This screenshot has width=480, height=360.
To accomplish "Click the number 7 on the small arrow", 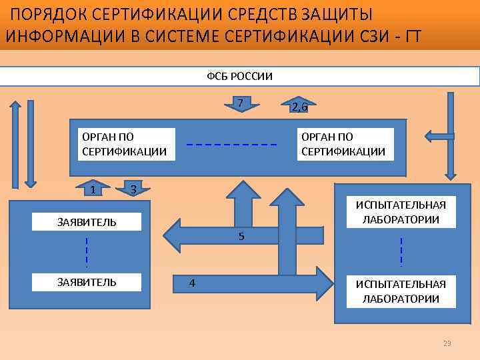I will (x=240, y=102).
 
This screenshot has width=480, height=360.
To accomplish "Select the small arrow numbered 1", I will (x=93, y=189).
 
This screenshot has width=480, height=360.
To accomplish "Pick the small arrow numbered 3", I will (x=134, y=189).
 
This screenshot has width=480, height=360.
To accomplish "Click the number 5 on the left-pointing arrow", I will (x=241, y=236).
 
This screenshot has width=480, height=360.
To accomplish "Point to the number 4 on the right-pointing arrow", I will (x=192, y=283).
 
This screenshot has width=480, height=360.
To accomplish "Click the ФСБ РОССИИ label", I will (x=240, y=75).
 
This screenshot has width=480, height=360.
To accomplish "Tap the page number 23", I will (x=447, y=343).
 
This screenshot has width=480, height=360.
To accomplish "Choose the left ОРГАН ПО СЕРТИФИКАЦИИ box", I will (x=124, y=144).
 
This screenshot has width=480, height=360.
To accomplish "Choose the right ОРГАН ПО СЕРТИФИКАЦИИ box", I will (x=343, y=144).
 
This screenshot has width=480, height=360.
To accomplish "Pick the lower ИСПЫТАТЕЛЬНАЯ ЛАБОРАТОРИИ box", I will (x=401, y=291).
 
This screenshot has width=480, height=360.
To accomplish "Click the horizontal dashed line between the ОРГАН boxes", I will (x=231, y=145).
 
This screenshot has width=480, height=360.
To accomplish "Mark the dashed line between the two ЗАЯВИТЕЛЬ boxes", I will (x=87, y=252).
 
